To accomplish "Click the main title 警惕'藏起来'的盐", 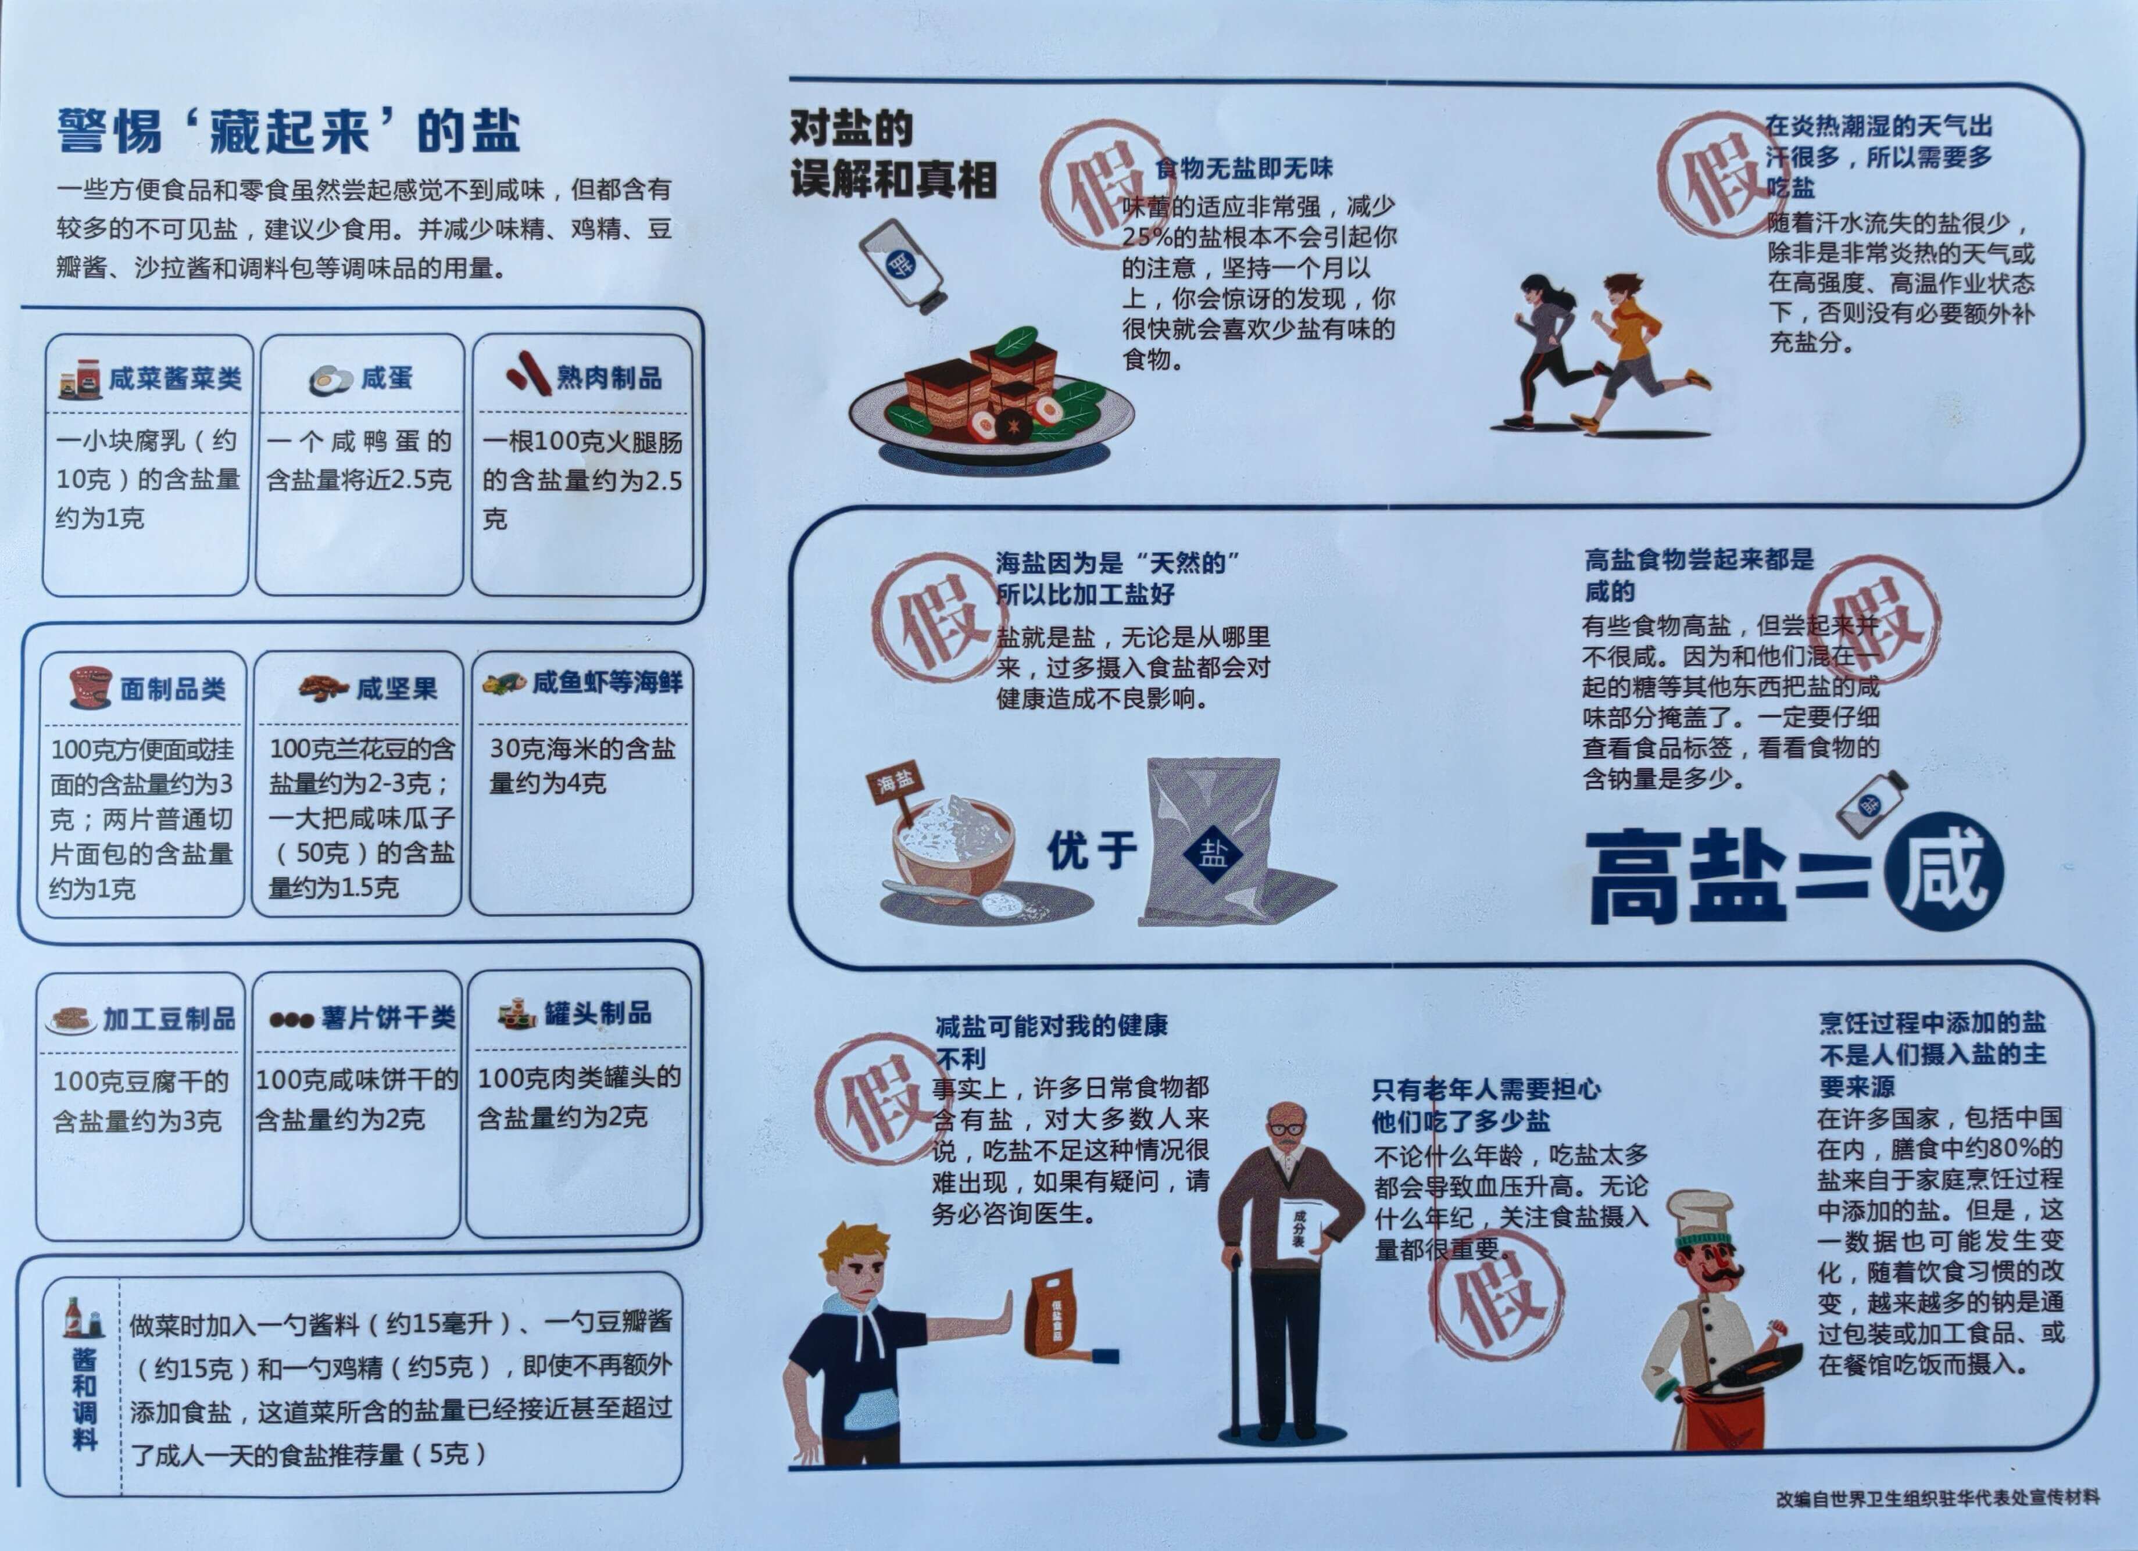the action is [288, 130].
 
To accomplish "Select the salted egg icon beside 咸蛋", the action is [330, 379].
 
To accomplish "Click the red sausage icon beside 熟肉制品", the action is [528, 373].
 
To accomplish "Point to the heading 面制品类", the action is [173, 689].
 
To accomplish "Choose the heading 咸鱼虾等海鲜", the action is [607, 682].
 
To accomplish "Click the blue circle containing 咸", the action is [1944, 872].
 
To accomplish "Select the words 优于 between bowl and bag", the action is [1092, 851].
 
